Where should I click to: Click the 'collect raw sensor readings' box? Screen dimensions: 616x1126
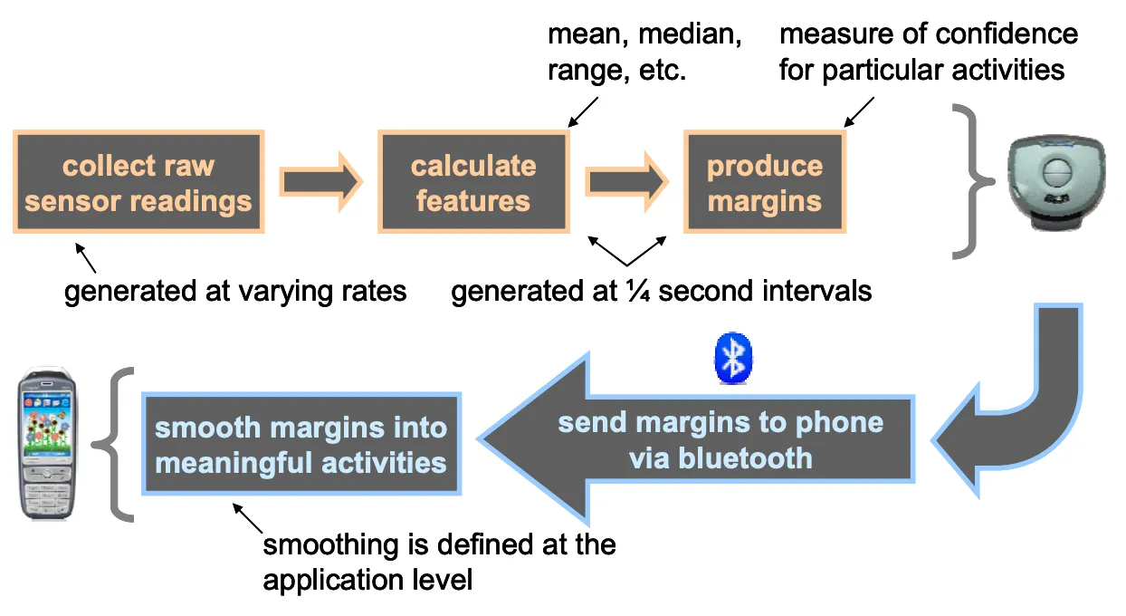click(138, 182)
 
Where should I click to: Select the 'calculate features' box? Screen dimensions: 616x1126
click(472, 182)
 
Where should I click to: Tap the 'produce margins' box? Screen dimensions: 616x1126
click(764, 182)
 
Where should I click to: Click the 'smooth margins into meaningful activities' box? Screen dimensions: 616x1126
click(301, 444)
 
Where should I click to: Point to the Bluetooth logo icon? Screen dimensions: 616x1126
click(735, 357)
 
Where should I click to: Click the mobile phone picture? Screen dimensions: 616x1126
click(47, 443)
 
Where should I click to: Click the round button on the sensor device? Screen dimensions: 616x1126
click(1057, 172)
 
